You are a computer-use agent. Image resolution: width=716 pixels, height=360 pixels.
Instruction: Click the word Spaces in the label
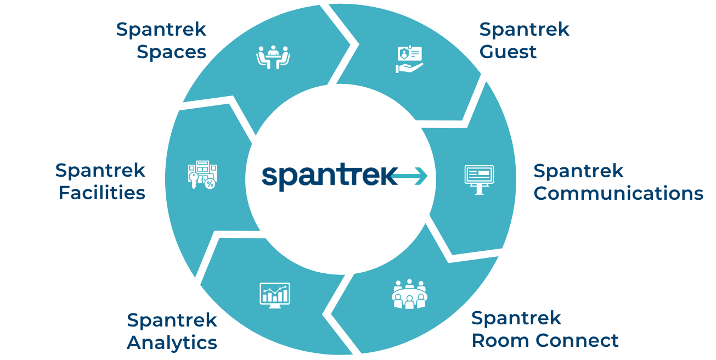(x=171, y=53)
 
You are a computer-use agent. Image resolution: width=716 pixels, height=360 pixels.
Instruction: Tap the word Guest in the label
(x=508, y=53)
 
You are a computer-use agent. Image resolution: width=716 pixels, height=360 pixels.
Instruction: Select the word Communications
(x=618, y=194)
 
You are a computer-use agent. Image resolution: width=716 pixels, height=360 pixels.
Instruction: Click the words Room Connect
(x=545, y=341)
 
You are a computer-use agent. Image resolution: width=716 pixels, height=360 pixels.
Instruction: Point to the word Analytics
(x=172, y=343)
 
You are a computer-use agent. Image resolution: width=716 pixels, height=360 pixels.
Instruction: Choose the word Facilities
(x=102, y=194)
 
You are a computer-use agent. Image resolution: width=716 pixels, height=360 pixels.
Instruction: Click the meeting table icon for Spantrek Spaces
(x=273, y=57)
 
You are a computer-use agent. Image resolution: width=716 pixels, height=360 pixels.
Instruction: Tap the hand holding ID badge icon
(x=410, y=59)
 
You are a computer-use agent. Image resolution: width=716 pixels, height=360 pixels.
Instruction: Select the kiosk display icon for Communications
(x=479, y=179)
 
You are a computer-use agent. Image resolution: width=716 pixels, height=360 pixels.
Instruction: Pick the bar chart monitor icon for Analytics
(x=275, y=295)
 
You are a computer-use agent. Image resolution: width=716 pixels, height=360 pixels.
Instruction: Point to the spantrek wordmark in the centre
(x=328, y=176)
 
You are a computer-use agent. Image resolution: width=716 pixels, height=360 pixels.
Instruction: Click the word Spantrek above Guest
(x=525, y=30)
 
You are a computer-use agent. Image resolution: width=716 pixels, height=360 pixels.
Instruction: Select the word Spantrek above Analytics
(x=172, y=320)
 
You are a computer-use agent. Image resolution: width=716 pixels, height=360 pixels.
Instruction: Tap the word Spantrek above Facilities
(x=100, y=170)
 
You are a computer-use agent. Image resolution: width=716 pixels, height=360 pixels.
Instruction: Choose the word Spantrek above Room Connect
(x=516, y=318)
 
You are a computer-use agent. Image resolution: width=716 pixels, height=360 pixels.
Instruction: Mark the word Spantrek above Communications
(x=579, y=171)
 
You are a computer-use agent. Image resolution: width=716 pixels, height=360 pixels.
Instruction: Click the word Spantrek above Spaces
(x=161, y=30)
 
